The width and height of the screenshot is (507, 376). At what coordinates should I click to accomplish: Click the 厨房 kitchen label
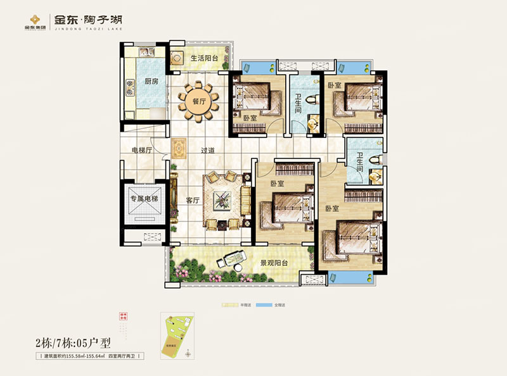point(150,82)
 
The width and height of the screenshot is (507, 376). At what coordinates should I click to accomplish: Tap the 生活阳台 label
point(204,58)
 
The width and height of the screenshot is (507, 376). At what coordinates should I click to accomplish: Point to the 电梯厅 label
point(141,151)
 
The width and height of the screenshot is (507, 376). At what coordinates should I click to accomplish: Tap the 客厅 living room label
point(193,200)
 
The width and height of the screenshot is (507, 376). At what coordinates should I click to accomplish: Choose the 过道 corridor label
point(208,151)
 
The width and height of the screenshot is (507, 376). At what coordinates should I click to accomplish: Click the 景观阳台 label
point(274,261)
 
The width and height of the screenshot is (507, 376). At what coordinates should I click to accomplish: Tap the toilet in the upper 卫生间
point(311,101)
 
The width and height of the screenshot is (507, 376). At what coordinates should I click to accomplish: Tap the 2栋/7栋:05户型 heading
point(73,344)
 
